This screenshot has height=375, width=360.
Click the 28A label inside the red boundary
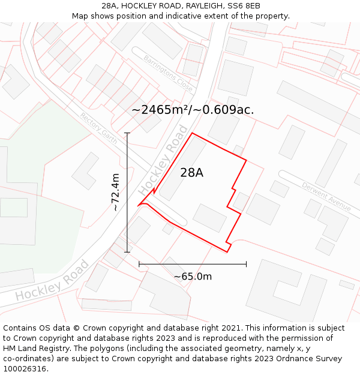click(x=191, y=173)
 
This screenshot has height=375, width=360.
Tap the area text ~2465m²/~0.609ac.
click(x=193, y=110)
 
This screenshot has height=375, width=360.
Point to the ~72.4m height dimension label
click(x=116, y=192)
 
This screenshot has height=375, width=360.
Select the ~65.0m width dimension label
click(x=193, y=277)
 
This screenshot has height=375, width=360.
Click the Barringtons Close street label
click(x=168, y=73)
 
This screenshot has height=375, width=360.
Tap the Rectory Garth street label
click(x=98, y=124)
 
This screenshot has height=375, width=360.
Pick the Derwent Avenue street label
click(x=326, y=197)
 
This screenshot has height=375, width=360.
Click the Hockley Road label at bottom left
click(x=52, y=281)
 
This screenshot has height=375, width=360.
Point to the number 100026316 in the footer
click(x=26, y=368)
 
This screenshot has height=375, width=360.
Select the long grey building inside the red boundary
click(x=182, y=169)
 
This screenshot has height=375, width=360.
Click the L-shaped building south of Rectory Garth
click(x=86, y=171)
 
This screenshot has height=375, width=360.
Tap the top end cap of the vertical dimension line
click(x=127, y=133)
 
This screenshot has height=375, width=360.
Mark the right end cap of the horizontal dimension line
click(x=247, y=264)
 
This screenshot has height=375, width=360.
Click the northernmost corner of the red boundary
click(x=192, y=133)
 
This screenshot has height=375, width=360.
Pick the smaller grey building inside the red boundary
click(x=209, y=218)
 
